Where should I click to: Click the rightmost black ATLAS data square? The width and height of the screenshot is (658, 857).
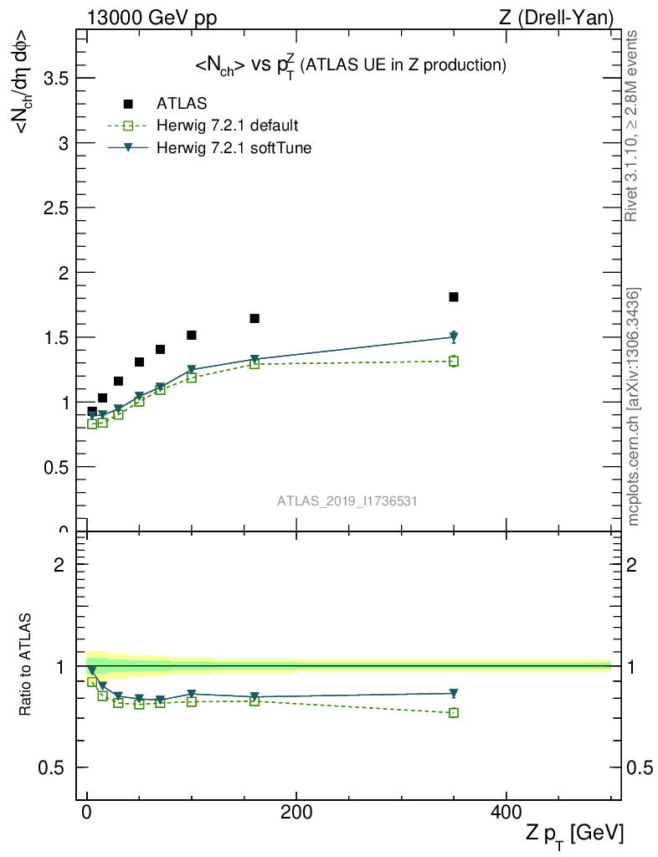click(453, 297)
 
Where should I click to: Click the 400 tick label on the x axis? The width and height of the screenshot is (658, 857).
click(506, 811)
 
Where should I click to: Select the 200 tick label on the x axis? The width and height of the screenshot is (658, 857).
click(296, 811)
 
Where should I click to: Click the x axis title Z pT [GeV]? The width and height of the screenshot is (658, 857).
click(574, 834)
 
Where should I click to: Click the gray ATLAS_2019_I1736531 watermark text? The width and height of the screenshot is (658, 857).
click(347, 500)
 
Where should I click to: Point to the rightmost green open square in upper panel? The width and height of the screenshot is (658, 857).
click(453, 362)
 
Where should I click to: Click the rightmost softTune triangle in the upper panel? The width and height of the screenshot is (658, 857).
click(453, 336)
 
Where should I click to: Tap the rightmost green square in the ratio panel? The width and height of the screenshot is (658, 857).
click(453, 713)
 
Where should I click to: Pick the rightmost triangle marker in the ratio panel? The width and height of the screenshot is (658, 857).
click(453, 693)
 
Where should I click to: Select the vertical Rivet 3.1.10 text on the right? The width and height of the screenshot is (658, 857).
click(632, 126)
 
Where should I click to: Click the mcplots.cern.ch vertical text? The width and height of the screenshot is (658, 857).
click(634, 407)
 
